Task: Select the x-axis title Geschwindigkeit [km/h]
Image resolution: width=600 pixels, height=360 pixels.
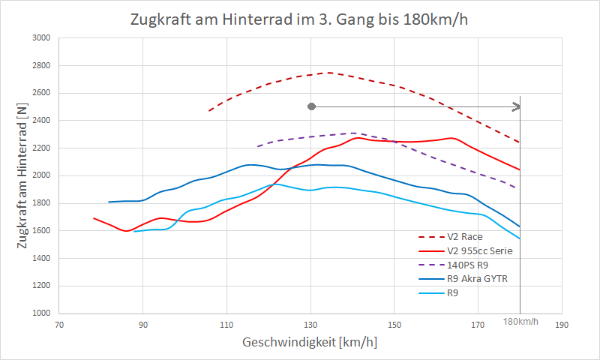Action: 310,342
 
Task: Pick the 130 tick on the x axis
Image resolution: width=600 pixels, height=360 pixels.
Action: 310,325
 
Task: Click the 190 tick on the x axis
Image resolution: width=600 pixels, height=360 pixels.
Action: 562,325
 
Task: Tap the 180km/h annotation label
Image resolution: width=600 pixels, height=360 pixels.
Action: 520,321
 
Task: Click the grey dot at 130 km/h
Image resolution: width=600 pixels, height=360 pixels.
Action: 311,106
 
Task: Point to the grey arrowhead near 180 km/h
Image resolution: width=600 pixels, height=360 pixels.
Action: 516,106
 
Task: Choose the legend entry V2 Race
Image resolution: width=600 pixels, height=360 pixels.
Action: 463,237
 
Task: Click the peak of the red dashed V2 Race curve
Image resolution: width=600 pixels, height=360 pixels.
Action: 328,73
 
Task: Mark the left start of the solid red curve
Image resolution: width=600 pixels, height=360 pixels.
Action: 94,218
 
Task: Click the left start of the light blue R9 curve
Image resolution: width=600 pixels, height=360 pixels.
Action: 134,231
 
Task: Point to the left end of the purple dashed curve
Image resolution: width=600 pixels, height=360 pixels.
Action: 257,146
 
